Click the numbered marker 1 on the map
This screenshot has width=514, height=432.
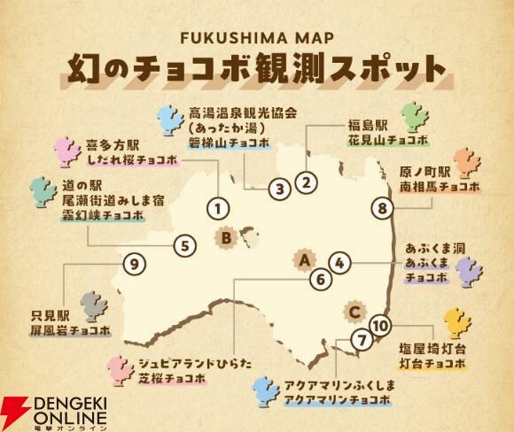[217, 209]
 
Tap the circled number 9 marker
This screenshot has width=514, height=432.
[133, 263]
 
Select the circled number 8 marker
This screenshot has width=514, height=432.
[381, 209]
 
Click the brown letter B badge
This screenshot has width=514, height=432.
[227, 237]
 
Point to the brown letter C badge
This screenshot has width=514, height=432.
[354, 311]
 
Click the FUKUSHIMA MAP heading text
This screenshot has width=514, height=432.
[256, 41]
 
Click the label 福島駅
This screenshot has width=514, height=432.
[363, 126]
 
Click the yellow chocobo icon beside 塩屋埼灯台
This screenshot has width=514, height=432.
[456, 324]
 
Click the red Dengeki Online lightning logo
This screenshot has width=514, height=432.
[18, 408]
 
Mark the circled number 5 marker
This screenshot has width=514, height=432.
[183, 245]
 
